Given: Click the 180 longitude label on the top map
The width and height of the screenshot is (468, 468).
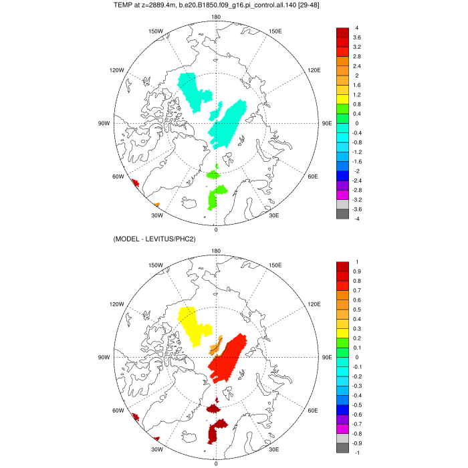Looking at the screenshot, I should click(215, 17).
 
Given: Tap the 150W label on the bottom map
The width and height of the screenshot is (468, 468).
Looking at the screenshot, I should click(156, 265).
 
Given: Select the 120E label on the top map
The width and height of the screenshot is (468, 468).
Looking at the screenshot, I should click(295, 70).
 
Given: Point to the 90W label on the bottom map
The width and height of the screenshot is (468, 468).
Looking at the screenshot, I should click(104, 357).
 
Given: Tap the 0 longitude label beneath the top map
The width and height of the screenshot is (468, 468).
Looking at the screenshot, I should click(215, 229).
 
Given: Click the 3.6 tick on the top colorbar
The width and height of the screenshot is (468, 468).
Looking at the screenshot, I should click(356, 37).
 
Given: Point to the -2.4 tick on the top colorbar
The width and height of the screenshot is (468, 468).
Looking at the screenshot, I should click(358, 181).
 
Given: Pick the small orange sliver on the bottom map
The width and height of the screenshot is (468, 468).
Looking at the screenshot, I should click(215, 346).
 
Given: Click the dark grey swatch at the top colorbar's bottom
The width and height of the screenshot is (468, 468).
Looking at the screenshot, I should click(342, 214).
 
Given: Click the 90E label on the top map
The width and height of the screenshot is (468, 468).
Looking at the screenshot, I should click(327, 123).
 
